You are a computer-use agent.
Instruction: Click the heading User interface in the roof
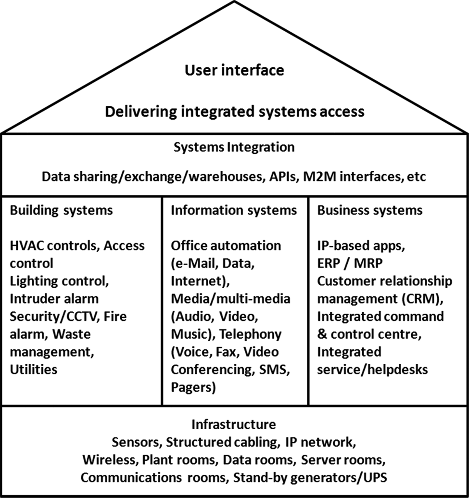pos(234,70)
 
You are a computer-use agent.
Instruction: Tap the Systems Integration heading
pos(234,147)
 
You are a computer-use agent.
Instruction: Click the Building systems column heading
pos(61,211)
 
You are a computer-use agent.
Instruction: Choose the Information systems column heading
pos(234,211)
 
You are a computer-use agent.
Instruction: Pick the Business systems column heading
pos(370,211)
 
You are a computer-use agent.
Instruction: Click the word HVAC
pos(26,246)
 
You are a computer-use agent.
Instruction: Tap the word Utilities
pos(34,370)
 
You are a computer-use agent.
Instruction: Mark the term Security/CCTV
pos(53,317)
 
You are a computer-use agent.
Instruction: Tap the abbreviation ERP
pos(329,263)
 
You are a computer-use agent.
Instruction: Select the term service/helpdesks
pos(372,370)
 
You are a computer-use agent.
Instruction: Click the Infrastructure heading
pos(234,425)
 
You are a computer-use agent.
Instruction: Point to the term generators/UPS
pos(339,478)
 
